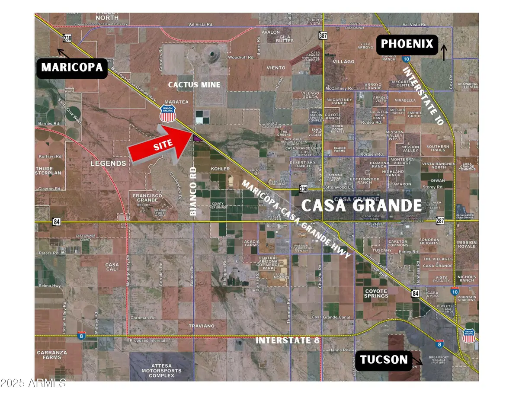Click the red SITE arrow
coord(160,145)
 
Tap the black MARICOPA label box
coord(72,67)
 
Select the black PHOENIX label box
coord(407,44)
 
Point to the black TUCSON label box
coord(384,359)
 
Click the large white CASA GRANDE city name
coord(361,205)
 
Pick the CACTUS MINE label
coord(194,85)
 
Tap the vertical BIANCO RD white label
coord(193,191)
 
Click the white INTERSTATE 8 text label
coord(287,340)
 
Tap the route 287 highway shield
coord(440,221)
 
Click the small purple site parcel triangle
coord(197,138)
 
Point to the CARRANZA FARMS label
coord(52,355)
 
